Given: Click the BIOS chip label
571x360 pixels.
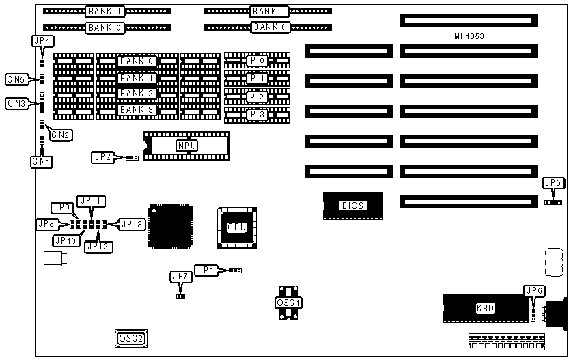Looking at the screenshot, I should pyautogui.click(x=353, y=205).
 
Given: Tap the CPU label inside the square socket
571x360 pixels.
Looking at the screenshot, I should pyautogui.click(x=236, y=227).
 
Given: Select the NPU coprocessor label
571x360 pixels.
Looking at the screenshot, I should pyautogui.click(x=185, y=145).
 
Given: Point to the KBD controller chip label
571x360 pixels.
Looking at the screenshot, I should pyautogui.click(x=485, y=308).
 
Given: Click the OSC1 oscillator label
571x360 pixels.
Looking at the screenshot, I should pyautogui.click(x=289, y=302).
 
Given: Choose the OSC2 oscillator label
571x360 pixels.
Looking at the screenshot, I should pyautogui.click(x=131, y=337).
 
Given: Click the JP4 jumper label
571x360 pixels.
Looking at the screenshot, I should pyautogui.click(x=42, y=41).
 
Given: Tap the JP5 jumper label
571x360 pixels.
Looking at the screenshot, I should pyautogui.click(x=553, y=182).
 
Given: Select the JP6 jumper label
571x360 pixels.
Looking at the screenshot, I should pyautogui.click(x=534, y=291).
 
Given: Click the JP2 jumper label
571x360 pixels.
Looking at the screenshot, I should pyautogui.click(x=102, y=157).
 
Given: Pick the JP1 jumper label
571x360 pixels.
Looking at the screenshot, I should pyautogui.click(x=206, y=270).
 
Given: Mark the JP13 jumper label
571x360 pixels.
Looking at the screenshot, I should pyautogui.click(x=132, y=223).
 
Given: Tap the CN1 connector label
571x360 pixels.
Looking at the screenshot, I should pyautogui.click(x=40, y=161).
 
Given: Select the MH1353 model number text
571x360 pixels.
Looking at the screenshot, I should pyautogui.click(x=469, y=36).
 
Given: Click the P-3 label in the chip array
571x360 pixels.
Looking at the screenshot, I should pyautogui.click(x=257, y=114).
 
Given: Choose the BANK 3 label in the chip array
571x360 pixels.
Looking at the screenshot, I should pyautogui.click(x=137, y=109).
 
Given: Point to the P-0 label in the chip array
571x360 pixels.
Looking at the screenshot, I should pyautogui.click(x=257, y=61).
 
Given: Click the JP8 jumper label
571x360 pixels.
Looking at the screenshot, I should pyautogui.click(x=46, y=223).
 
